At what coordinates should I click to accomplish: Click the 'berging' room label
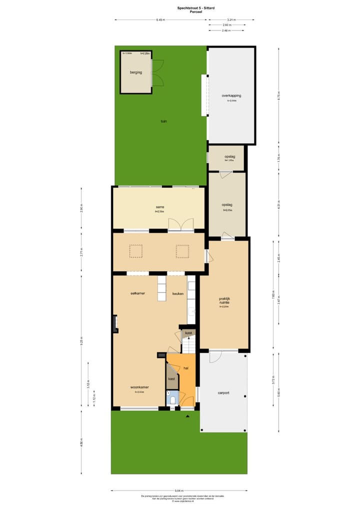pyautogui.click(x=135, y=72)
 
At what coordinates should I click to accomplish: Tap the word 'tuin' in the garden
pyautogui.click(x=163, y=121)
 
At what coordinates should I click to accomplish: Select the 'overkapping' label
pyautogui.click(x=231, y=95)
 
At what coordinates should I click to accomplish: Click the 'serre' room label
pyautogui.click(x=160, y=207)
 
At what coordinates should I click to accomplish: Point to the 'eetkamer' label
pyautogui.click(x=137, y=293)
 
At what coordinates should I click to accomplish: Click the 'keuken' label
pyautogui.click(x=178, y=293)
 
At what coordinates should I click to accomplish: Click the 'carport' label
pyautogui.click(x=223, y=393)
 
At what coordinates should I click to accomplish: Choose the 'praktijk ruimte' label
pyautogui.click(x=224, y=301)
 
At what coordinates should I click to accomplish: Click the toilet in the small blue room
pyautogui.click(x=173, y=398)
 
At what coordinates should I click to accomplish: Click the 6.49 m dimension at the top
pyautogui.click(x=160, y=20)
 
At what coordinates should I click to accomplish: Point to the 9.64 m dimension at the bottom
pyautogui.click(x=179, y=490)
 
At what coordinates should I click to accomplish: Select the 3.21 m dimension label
pyautogui.click(x=231, y=20)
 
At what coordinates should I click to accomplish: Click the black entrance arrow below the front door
pyautogui.click(x=187, y=415)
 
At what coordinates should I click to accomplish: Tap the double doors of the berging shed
pyautogui.click(x=157, y=73)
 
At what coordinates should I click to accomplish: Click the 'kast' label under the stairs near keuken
pyautogui.click(x=188, y=332)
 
